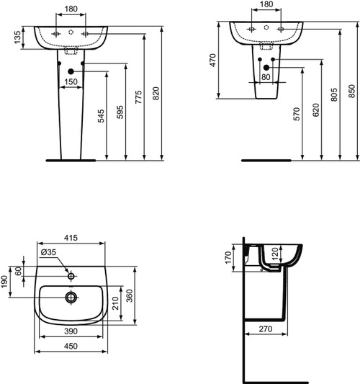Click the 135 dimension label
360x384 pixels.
(17, 37)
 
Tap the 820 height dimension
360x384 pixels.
(156, 93)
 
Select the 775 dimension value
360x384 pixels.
(138, 97)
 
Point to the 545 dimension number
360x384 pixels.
(101, 116)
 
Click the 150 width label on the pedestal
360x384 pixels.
(71, 82)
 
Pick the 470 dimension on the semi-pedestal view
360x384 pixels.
(213, 61)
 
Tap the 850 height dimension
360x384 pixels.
(351, 91)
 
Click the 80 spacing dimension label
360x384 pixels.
(266, 77)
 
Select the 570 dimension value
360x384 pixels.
(297, 114)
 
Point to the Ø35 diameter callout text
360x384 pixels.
(48, 252)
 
